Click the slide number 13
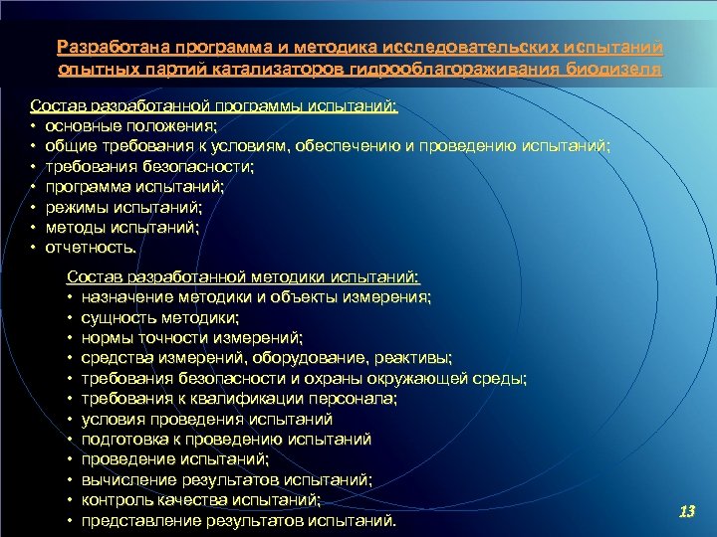click(686, 511)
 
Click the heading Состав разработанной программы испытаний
click(213, 105)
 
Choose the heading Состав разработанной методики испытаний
click(243, 277)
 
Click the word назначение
click(128, 297)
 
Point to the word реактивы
click(415, 358)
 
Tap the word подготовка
click(127, 439)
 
